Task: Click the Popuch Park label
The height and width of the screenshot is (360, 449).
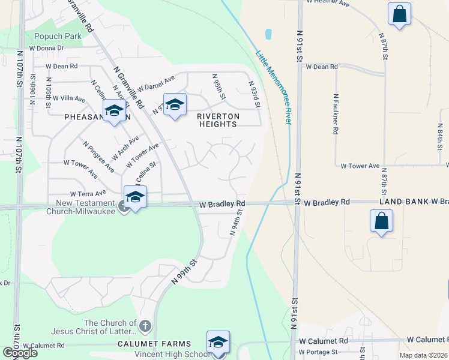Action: (58, 36)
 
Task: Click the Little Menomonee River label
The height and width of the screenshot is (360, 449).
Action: (274, 87)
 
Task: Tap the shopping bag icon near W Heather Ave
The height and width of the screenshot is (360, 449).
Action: (399, 13)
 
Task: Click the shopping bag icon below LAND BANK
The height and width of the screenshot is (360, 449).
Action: (382, 220)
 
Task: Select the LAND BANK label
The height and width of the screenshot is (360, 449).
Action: (404, 202)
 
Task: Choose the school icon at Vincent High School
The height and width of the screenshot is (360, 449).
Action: (218, 342)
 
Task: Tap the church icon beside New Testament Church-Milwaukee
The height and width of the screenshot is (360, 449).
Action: (124, 207)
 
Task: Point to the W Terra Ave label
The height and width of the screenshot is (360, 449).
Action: (88, 194)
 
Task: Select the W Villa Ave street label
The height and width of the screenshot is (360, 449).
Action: (69, 98)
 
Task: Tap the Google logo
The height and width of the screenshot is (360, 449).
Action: (20, 353)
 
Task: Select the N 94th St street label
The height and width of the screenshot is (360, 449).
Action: (237, 222)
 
